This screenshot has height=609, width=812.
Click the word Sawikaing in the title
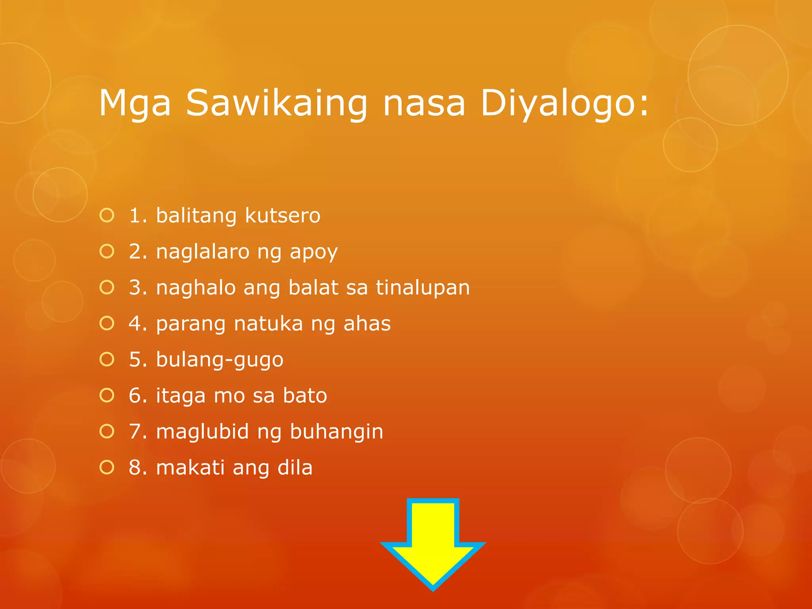click(x=276, y=103)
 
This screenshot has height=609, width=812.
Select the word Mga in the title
click(x=135, y=103)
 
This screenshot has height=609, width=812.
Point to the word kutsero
click(x=282, y=216)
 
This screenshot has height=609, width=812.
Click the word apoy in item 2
click(x=314, y=252)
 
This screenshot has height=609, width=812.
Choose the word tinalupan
click(x=423, y=287)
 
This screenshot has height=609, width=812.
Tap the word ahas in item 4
click(x=367, y=324)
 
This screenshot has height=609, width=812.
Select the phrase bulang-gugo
click(x=220, y=360)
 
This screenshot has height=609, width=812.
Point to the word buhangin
click(x=337, y=432)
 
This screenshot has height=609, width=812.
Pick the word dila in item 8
click(x=295, y=467)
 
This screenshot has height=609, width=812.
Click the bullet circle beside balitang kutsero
click(x=107, y=216)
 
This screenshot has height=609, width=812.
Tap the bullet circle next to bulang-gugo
click(x=107, y=360)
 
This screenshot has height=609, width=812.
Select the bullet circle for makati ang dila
click(x=107, y=467)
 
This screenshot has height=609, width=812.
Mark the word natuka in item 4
click(x=268, y=324)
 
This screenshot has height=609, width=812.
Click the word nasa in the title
click(x=423, y=103)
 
